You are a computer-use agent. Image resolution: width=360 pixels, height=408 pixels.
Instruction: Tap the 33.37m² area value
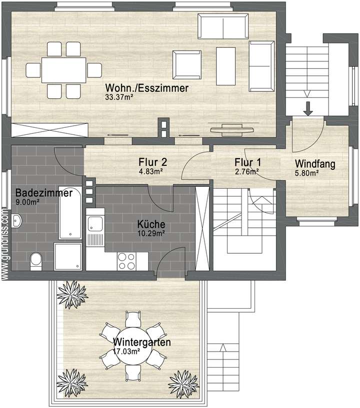click(x=120, y=97)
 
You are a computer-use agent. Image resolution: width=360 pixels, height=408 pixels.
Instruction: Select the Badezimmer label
click(x=43, y=193)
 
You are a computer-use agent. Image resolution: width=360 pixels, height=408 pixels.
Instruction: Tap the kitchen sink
click(x=95, y=225)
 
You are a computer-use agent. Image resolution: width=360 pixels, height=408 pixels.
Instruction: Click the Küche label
click(x=151, y=225)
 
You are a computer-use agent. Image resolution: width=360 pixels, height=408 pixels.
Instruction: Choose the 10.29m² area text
click(x=151, y=233)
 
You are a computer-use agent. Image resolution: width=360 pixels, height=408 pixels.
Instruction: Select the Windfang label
click(x=315, y=163)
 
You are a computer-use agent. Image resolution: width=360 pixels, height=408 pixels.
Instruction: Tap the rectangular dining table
click(x=64, y=70)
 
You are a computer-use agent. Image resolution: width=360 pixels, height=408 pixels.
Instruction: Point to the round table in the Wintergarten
click(x=132, y=344)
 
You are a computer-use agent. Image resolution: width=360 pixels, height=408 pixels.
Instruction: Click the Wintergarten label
click(x=142, y=343)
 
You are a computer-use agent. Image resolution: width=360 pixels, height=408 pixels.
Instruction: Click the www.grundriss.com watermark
click(x=5, y=240)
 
